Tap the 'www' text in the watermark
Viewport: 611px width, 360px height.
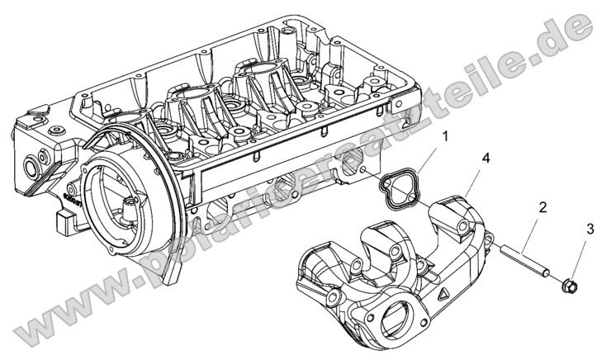(x=50, y=318)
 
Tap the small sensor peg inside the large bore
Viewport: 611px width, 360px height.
(x=128, y=206)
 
